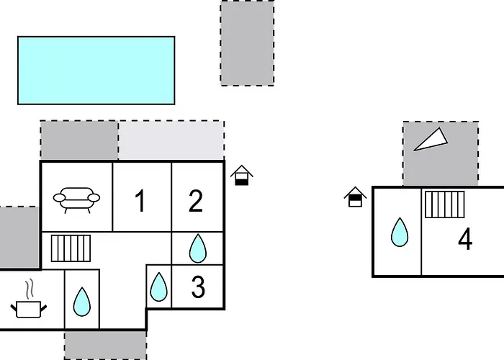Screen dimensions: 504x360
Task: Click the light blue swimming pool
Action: pyautogui.click(x=96, y=71)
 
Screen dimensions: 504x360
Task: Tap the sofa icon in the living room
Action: pyautogui.click(x=76, y=200)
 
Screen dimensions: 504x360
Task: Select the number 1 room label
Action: pyautogui.click(x=140, y=201)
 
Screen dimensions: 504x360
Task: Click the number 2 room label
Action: pyautogui.click(x=196, y=201)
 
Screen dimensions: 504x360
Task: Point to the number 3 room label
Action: pyautogui.click(x=198, y=287)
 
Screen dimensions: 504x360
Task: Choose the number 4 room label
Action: pyautogui.click(x=465, y=239)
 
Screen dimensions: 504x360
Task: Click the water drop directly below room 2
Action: pyautogui.click(x=198, y=248)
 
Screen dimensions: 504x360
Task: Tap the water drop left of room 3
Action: pyautogui.click(x=159, y=287)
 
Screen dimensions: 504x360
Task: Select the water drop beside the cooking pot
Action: pyautogui.click(x=82, y=302)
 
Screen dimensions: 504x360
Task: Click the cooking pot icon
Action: pyautogui.click(x=29, y=309)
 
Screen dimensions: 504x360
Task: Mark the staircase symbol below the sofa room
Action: pyautogui.click(x=71, y=248)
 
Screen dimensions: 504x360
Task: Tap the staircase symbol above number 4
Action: pyautogui.click(x=445, y=204)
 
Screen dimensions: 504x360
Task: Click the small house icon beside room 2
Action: pyautogui.click(x=242, y=175)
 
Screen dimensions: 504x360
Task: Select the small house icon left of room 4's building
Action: pyautogui.click(x=355, y=197)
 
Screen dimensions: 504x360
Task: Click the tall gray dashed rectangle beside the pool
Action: pyautogui.click(x=247, y=43)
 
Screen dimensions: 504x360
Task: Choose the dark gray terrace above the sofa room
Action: pyautogui.click(x=79, y=140)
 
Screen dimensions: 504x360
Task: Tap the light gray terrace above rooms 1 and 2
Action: pyautogui.click(x=171, y=140)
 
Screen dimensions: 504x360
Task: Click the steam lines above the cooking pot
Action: pyautogui.click(x=30, y=289)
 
